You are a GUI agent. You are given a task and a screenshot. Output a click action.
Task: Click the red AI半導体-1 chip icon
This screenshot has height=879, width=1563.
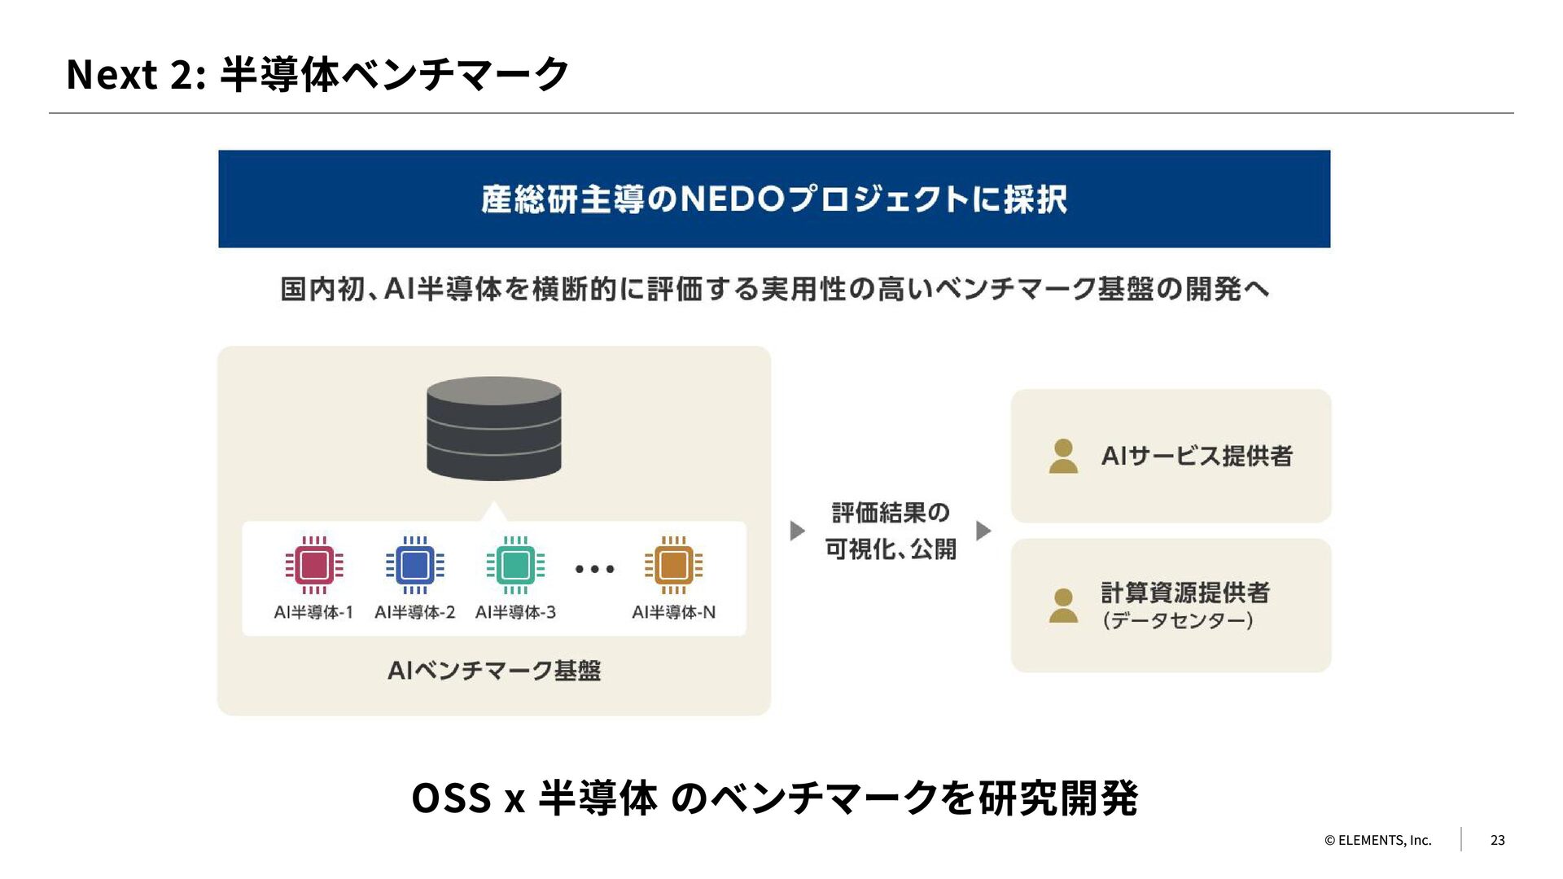314,565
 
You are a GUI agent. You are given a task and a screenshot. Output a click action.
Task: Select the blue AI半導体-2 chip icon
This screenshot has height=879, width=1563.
415,565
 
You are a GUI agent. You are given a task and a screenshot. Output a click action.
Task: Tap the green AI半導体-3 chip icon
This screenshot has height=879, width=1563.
515,565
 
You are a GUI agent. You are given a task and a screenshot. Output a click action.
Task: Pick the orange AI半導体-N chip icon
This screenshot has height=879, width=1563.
673,565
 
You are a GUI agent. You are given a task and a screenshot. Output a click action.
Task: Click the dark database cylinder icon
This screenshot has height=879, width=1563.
494,428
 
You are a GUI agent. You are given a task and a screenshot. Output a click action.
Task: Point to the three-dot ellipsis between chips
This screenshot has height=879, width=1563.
594,569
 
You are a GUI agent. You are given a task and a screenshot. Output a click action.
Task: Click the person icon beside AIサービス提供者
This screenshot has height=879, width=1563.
1063,457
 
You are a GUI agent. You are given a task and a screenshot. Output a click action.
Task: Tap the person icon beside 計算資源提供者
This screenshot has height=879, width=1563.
1063,606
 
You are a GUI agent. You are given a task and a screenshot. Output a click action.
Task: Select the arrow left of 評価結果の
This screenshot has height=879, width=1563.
797,531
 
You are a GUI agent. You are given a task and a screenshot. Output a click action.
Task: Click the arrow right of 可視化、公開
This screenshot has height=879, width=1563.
983,531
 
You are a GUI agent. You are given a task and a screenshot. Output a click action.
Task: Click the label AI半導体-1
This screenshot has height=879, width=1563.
313,612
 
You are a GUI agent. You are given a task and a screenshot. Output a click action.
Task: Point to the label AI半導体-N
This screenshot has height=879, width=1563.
673,612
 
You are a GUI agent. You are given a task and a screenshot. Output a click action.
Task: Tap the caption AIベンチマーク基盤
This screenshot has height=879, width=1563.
494,671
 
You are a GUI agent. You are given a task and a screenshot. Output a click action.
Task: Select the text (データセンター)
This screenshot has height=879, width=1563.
1177,621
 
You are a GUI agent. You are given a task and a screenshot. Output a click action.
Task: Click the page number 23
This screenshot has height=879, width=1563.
1497,840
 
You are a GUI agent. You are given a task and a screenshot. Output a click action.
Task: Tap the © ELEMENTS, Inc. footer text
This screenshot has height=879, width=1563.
1377,840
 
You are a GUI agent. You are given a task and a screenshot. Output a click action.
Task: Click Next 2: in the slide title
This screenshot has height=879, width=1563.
135,75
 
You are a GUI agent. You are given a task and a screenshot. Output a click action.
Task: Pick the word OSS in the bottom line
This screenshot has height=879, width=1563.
451,798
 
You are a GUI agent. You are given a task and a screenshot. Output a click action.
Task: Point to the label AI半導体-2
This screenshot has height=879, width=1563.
414,612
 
